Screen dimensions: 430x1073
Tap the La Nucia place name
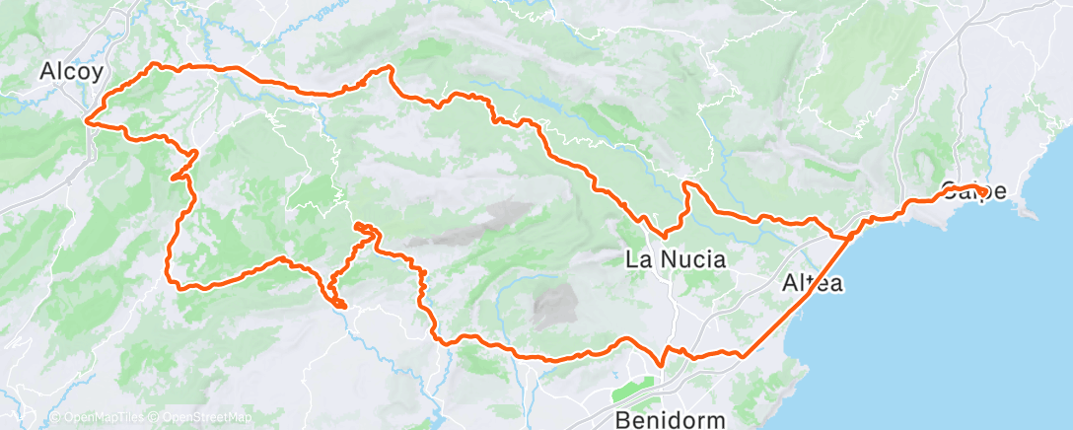click(677, 260)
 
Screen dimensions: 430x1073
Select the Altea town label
click(813, 284)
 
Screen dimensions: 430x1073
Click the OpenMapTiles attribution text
click(98, 418)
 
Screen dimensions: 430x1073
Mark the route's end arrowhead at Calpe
click(983, 190)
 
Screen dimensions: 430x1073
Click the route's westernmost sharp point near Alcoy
click(88, 122)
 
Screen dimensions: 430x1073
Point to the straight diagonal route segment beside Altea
click(799, 296)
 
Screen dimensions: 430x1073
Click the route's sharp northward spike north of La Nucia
click(686, 184)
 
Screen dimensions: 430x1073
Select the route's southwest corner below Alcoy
click(178, 285)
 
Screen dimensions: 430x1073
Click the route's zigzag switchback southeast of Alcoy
click(185, 165)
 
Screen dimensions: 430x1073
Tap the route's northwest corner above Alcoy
click(153, 65)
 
